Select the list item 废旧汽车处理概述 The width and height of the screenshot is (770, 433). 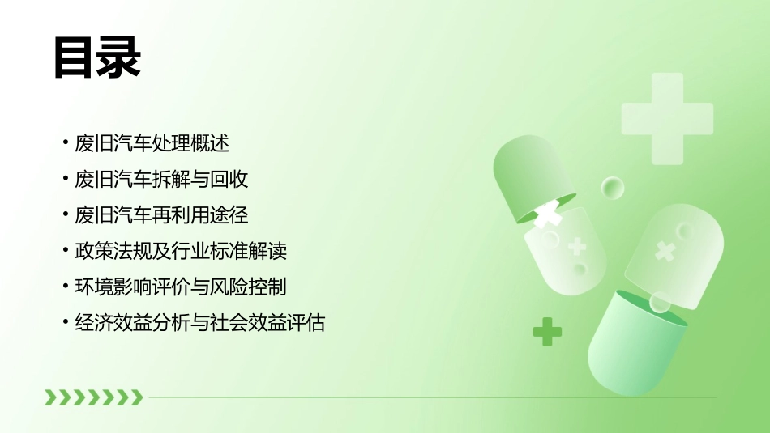pos(152,144)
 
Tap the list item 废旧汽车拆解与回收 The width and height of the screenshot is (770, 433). pos(161,180)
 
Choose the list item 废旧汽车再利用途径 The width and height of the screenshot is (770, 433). pos(161,215)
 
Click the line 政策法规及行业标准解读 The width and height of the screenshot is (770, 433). pos(181,251)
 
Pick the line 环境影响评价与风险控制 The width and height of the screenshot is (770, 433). pos(181,287)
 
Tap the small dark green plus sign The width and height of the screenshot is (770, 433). pos(547,331)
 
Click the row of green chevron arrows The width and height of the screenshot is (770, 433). pos(93,397)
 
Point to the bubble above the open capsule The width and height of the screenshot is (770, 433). pos(613,188)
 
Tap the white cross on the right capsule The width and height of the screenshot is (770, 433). pos(665,251)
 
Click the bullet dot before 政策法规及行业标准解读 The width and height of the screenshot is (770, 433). pos(66,251)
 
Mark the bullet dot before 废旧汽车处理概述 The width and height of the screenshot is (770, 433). pos(66,144)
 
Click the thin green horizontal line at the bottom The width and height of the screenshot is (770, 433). pos(430,397)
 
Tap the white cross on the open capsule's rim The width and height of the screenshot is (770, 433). pos(549,214)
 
